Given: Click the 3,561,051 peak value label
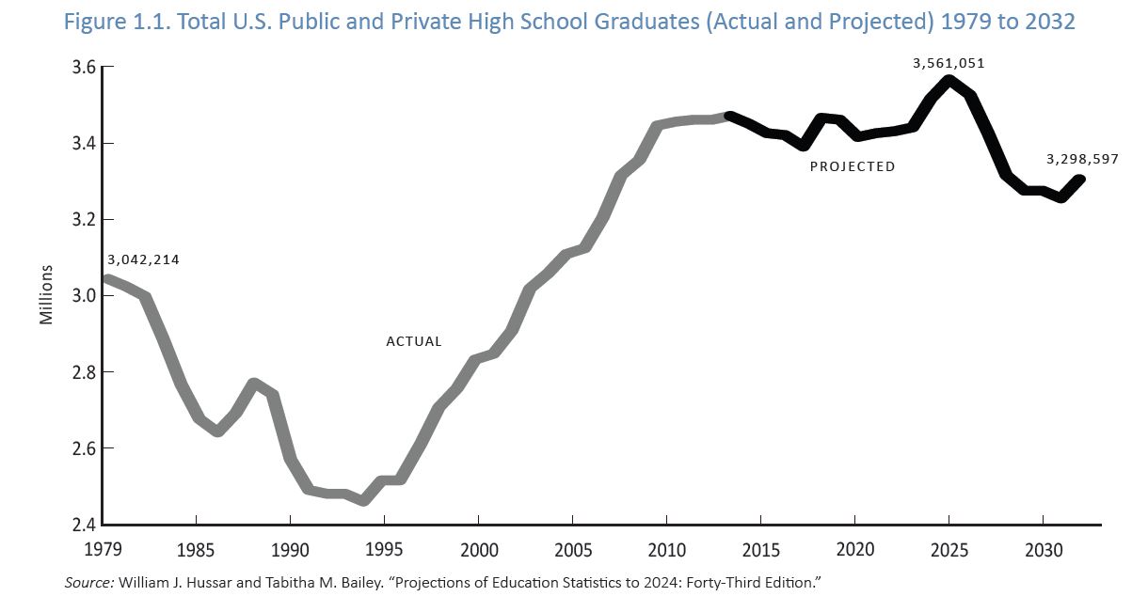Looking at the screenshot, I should click(x=949, y=64).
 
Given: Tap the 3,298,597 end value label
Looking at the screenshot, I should click(x=1082, y=159).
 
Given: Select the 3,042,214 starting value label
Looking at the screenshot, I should click(x=143, y=259).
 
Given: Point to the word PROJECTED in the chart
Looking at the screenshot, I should click(x=853, y=166).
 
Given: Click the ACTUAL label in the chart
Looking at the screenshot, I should click(x=414, y=341).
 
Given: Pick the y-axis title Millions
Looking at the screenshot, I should click(x=46, y=294).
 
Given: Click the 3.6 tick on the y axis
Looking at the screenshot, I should click(x=84, y=68).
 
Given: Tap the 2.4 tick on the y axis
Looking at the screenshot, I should click(x=84, y=525).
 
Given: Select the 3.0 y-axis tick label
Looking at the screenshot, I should click(x=84, y=296).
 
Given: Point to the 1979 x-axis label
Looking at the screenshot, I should click(x=103, y=548).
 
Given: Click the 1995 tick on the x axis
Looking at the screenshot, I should click(x=384, y=548).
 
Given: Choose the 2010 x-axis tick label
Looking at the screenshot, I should click(x=666, y=548).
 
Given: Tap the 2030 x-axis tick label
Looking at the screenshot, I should click(x=1043, y=548).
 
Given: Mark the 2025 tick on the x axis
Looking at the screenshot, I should click(x=949, y=548).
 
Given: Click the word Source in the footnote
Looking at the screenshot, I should click(x=88, y=584).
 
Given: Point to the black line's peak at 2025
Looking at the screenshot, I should click(x=949, y=80).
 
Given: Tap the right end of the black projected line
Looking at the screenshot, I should click(x=1079, y=180).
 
